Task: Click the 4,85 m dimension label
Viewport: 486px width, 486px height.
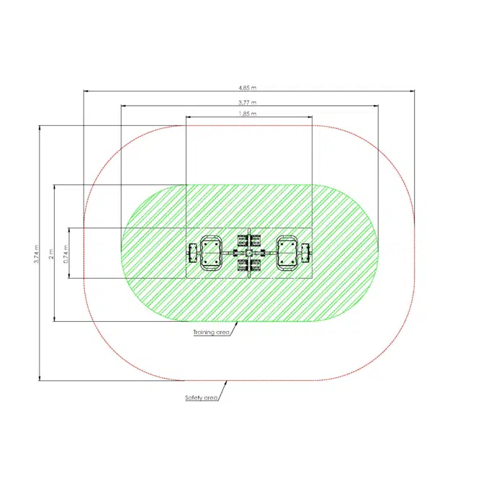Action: pyautogui.click(x=248, y=87)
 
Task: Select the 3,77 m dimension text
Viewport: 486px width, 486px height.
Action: pyautogui.click(x=248, y=102)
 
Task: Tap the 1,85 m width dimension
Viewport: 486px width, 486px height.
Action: pyautogui.click(x=248, y=114)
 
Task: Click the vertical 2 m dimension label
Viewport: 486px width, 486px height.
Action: pyautogui.click(x=50, y=253)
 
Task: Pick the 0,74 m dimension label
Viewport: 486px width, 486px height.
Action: pyautogui.click(x=66, y=252)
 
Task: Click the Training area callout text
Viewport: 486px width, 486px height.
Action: pyautogui.click(x=211, y=333)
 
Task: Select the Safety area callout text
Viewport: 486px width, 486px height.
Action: pyautogui.click(x=201, y=397)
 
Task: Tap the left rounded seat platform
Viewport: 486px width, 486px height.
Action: pyautogui.click(x=210, y=253)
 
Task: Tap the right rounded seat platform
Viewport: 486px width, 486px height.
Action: pyautogui.click(x=288, y=253)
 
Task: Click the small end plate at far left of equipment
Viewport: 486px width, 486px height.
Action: pyautogui.click(x=192, y=253)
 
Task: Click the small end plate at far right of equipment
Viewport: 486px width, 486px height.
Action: pyautogui.click(x=307, y=253)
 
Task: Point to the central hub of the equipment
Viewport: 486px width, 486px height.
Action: pyautogui.click(x=249, y=253)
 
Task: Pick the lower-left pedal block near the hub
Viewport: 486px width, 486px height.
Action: pyautogui.click(x=242, y=265)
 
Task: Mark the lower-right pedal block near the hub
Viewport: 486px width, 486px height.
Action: pyautogui.click(x=255, y=265)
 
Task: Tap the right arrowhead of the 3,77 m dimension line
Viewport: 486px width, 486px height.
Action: pyautogui.click(x=377, y=105)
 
